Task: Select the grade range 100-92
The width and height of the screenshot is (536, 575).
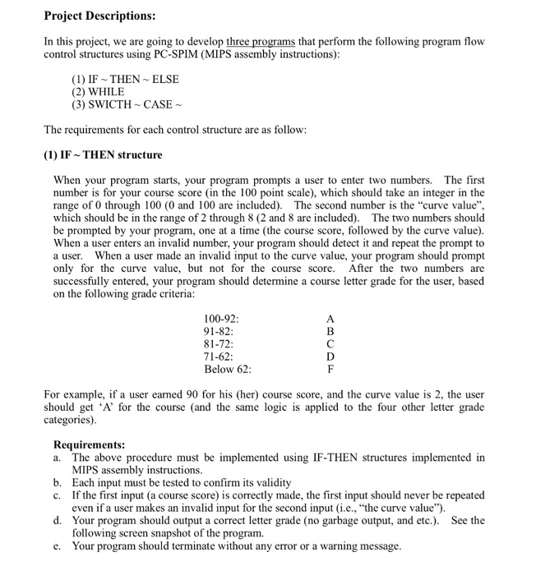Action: (221, 319)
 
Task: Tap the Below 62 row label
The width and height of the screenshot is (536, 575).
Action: (227, 370)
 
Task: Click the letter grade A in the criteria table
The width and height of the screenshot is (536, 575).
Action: (330, 319)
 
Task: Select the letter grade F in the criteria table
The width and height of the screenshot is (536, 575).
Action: (330, 370)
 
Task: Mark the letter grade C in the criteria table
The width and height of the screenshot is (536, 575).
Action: (330, 344)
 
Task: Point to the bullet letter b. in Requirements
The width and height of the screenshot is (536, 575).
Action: (58, 483)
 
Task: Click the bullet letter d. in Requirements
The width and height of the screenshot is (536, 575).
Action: (58, 521)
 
